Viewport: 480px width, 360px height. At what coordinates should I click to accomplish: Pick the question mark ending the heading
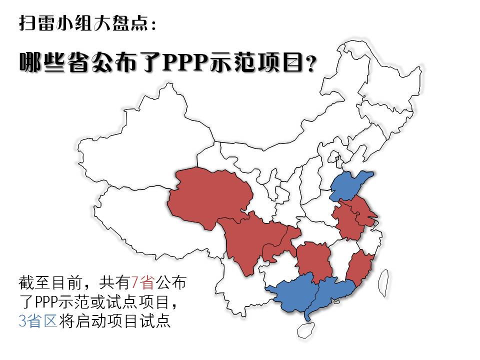pos(311,64)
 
